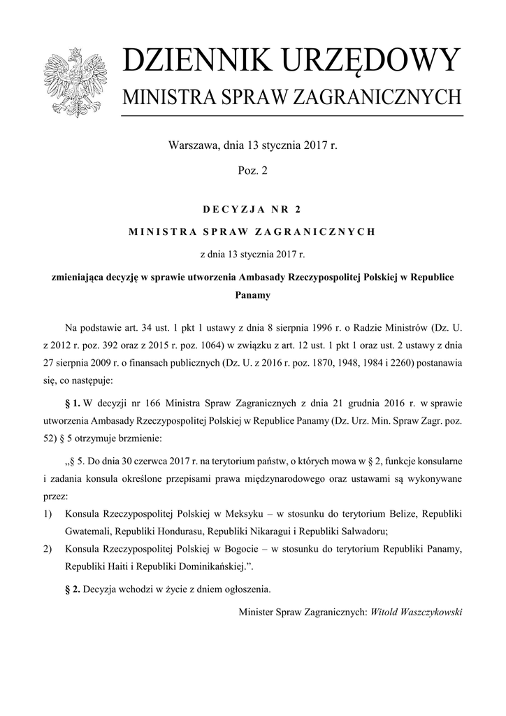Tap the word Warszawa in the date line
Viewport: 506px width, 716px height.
coord(194,146)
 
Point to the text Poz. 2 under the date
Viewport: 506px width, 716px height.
coord(252,170)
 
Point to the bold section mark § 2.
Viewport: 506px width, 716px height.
coord(73,589)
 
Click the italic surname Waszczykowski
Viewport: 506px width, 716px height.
coord(426,612)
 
